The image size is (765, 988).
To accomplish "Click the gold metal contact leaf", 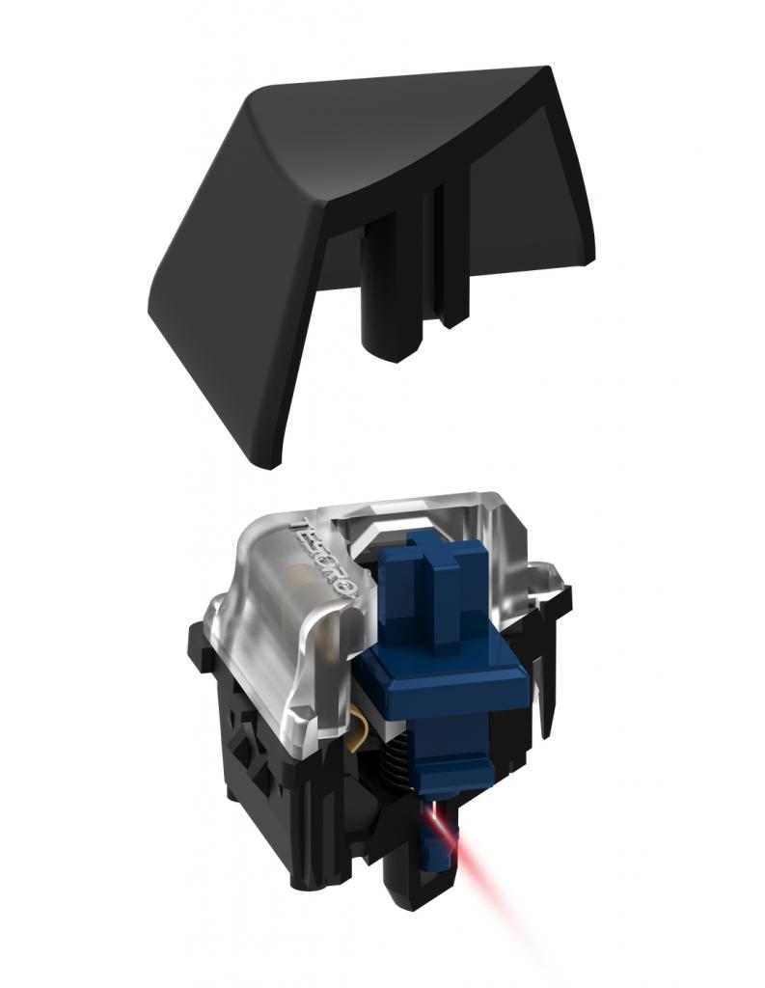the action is click(359, 731).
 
